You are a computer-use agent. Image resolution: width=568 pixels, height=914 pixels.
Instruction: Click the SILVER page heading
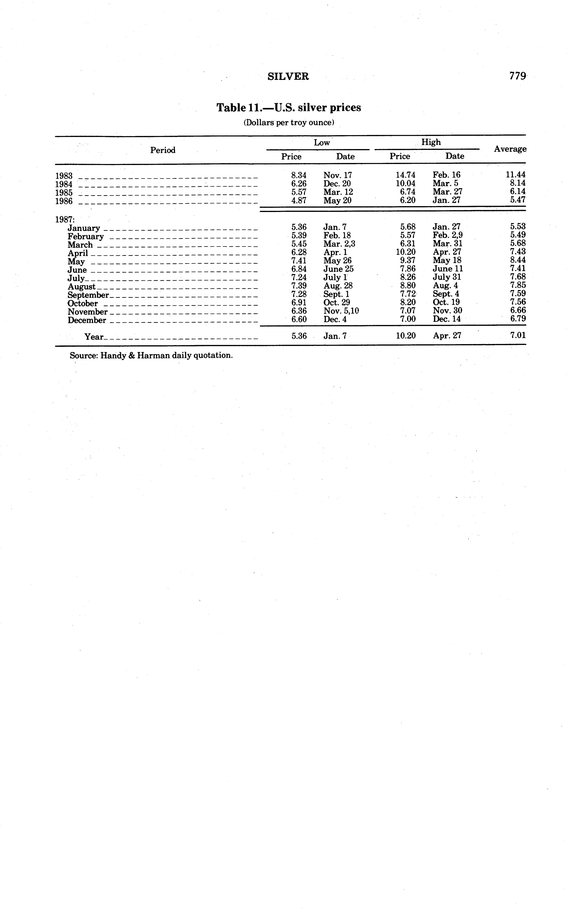pos(288,77)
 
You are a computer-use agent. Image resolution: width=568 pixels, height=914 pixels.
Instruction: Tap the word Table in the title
pos(231,108)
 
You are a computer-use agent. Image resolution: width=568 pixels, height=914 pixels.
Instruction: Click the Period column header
pos(163,150)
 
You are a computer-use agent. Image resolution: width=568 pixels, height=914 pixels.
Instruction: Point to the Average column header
pos(510,149)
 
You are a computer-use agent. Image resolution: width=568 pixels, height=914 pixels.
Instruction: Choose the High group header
pos(431,142)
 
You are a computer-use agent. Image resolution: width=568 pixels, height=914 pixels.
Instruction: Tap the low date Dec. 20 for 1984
pos(337,183)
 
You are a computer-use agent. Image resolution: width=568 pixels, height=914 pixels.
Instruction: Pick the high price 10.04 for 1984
pos(406,183)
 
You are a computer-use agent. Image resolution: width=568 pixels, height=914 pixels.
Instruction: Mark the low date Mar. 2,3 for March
pos(339,244)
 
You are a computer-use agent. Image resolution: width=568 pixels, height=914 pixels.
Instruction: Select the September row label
pos(88,295)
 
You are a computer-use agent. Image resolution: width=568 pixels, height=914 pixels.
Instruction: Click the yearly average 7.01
pos(518,335)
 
